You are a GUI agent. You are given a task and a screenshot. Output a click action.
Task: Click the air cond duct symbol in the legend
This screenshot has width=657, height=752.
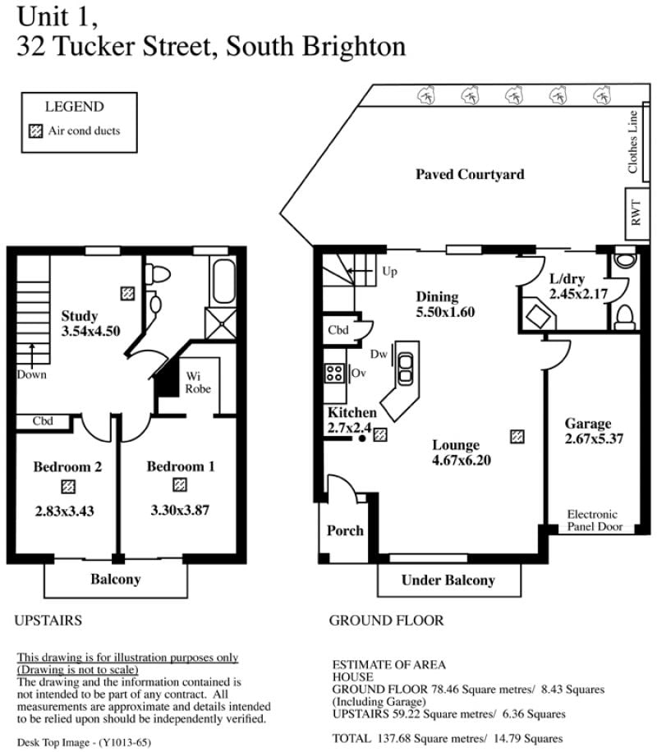[x=35, y=131]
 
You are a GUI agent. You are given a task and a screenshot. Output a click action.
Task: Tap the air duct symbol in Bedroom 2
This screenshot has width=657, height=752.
[x=68, y=487]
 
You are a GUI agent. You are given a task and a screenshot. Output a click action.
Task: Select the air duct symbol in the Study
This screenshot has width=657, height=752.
[x=127, y=293]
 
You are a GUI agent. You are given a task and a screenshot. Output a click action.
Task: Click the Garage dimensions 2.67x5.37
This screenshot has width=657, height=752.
[x=594, y=439]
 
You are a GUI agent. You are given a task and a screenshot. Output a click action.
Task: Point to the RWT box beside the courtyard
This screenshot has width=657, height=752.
[x=636, y=214]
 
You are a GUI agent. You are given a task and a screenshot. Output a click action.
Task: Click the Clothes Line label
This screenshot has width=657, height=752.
[x=632, y=142]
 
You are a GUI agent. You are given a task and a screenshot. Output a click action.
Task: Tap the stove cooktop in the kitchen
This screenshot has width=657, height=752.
[x=334, y=373]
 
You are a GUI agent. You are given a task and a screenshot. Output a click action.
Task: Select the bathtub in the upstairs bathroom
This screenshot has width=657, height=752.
[x=223, y=281]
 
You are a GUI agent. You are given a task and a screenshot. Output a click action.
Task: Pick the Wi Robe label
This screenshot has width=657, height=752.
[x=198, y=383]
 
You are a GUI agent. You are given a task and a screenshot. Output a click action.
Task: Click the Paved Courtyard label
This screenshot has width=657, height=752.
[x=470, y=174]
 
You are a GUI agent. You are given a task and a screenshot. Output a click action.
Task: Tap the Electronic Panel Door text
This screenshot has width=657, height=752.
[x=594, y=520]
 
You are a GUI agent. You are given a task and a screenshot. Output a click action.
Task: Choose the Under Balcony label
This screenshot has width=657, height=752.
[x=448, y=580]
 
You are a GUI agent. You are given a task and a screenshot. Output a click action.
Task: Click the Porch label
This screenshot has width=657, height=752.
[x=345, y=530]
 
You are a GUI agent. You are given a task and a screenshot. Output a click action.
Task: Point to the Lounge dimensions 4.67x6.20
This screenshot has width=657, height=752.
[x=462, y=461]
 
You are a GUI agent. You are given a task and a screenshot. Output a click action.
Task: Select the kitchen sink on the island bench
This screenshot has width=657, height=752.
[x=405, y=369]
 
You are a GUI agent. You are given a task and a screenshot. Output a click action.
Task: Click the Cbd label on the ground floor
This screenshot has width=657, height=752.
[x=338, y=330]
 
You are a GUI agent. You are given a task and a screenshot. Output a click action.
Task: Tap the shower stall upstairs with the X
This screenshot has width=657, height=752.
[x=221, y=323]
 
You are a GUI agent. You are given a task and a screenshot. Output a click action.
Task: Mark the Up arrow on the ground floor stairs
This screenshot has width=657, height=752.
[x=360, y=272]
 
